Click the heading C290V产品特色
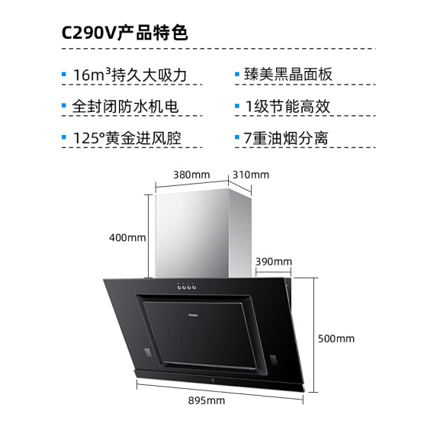pos(124,33)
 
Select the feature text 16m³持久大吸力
pos(130,75)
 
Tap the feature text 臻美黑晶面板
pos(288,74)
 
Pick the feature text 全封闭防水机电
pos(125,107)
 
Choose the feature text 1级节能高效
pos(287,107)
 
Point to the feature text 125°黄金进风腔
pos(127,138)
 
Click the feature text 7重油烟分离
pos(286,138)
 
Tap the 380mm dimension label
pos(191,175)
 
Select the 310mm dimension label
pos(251,175)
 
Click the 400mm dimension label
pos(127,238)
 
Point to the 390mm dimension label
pos(274,262)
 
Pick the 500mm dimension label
pos(336,339)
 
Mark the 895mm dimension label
pos(207,400)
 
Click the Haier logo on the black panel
pos(193,315)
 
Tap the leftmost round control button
pos(179,287)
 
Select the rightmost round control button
pos(194,287)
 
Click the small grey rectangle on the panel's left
pos(147,352)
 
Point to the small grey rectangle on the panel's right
pos(273,359)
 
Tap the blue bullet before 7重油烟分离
pos(237,137)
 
